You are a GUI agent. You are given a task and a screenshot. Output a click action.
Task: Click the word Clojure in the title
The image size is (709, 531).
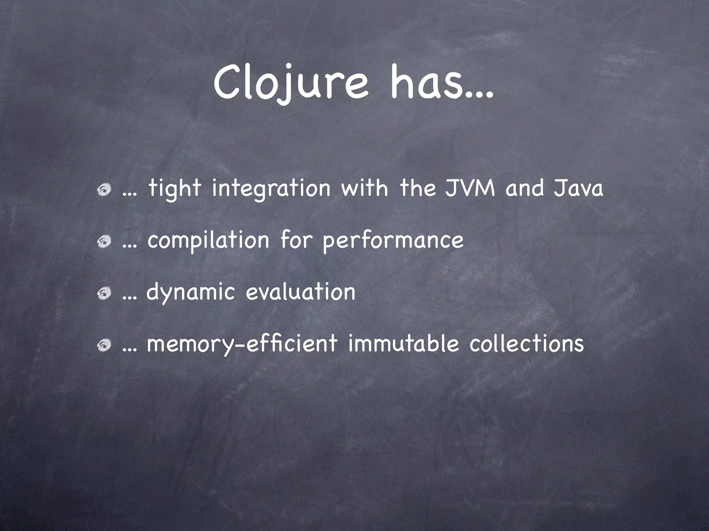coord(290,85)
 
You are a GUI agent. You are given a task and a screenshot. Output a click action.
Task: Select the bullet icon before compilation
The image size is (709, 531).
coord(104,242)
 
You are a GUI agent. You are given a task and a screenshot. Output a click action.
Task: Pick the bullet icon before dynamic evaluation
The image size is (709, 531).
coord(104,294)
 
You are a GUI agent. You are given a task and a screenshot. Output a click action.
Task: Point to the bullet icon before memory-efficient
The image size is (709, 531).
coord(104,345)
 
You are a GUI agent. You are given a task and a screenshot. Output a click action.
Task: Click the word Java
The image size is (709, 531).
coord(578,189)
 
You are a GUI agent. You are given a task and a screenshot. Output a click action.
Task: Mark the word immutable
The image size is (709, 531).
coord(403,344)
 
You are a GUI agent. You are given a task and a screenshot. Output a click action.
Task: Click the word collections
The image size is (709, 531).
coord(527,344)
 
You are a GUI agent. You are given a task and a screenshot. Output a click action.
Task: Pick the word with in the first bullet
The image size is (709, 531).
coord(365,189)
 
